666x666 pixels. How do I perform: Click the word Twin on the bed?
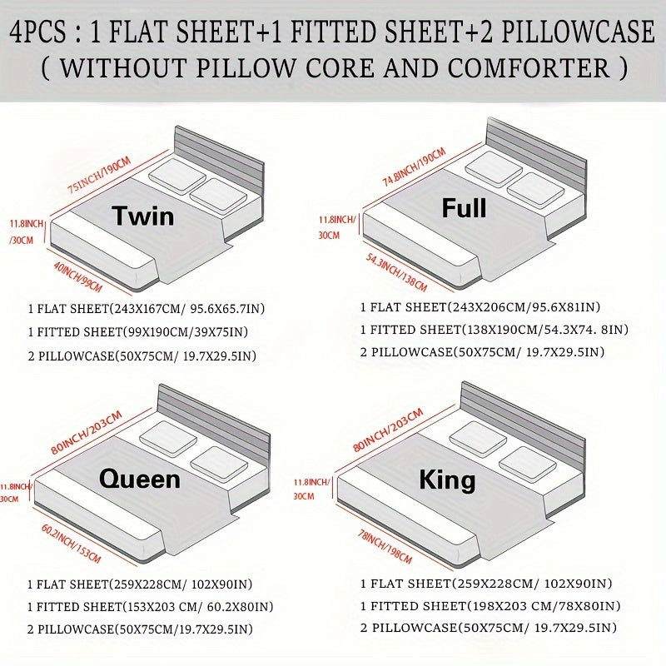tap(143, 216)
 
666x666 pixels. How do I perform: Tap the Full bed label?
tap(464, 208)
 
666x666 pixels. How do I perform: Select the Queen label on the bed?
tap(140, 480)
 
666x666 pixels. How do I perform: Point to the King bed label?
tap(447, 481)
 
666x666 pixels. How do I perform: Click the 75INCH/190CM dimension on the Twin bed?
tap(99, 176)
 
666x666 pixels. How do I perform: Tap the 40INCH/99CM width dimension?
tap(78, 277)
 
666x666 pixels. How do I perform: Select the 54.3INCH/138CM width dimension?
tap(396, 272)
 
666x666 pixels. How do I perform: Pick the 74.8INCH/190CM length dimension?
tap(414, 167)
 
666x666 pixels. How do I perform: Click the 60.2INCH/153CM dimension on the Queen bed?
tap(71, 544)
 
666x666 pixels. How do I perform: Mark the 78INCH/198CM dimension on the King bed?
tap(385, 547)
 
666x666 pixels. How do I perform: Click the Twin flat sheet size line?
tap(147, 308)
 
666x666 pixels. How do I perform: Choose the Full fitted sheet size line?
tap(495, 330)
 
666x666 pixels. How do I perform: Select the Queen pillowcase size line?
tap(140, 629)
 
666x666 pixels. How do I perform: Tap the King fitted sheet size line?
tap(490, 606)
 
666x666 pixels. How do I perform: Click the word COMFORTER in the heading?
tap(529, 68)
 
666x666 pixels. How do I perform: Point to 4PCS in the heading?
tap(37, 32)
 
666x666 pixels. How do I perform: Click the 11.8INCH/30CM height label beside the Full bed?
tap(337, 227)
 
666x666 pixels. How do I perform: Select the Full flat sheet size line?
tap(480, 306)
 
